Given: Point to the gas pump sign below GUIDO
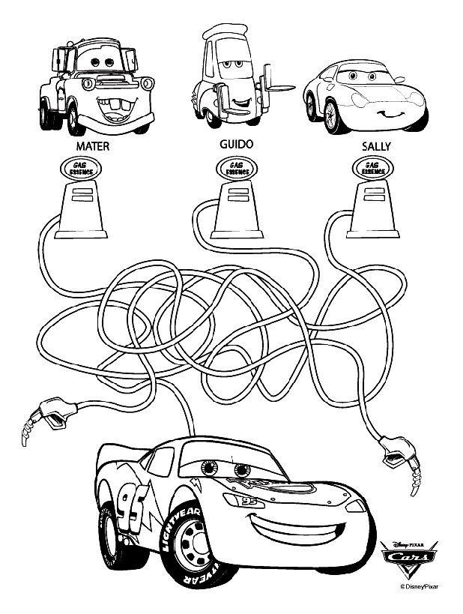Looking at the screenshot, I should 234,169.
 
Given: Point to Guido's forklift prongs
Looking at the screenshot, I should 275,88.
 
